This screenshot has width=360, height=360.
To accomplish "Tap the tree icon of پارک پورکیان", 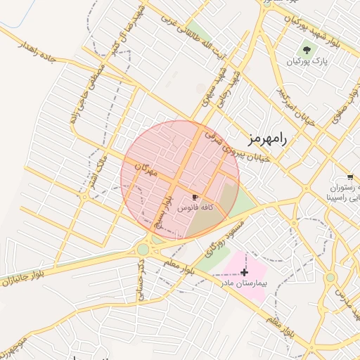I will [x=306, y=50].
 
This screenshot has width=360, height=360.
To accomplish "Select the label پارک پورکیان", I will [x=306, y=63].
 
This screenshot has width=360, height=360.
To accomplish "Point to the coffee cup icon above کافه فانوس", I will [x=195, y=198].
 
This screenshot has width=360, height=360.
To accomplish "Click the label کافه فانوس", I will [x=194, y=209].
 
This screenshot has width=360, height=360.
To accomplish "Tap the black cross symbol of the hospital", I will [x=244, y=271].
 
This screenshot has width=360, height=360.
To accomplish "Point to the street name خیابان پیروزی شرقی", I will [x=235, y=149].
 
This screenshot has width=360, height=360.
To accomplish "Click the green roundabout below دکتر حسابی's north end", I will [x=143, y=249].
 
